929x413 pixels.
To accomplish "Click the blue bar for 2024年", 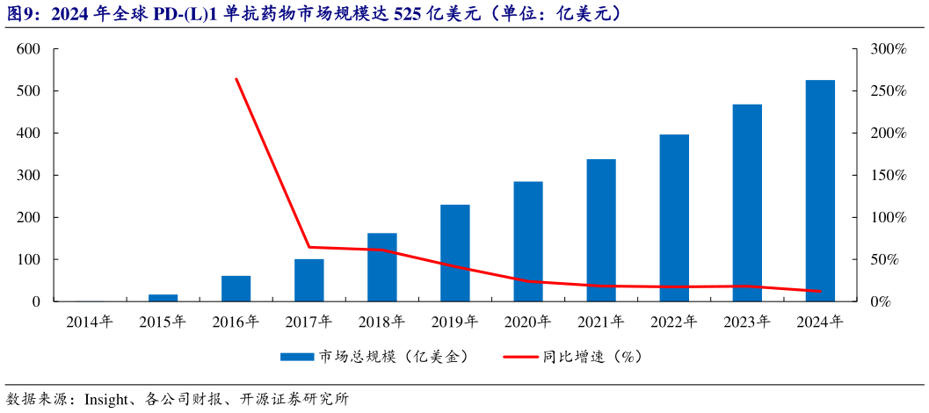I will click(x=820, y=191).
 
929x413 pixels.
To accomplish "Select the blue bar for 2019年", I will click(x=455, y=253).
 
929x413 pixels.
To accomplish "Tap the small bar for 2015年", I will click(x=163, y=298).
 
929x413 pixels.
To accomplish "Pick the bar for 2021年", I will click(x=601, y=230).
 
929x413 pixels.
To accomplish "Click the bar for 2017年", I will click(x=308, y=280).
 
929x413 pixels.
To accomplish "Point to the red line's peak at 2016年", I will click(x=236, y=79).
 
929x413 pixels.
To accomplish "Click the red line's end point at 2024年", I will click(x=820, y=291).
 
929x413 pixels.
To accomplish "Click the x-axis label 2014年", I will click(x=90, y=322).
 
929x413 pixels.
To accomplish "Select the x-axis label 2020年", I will click(x=527, y=322).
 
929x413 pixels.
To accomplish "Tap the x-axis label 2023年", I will click(x=747, y=322).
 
